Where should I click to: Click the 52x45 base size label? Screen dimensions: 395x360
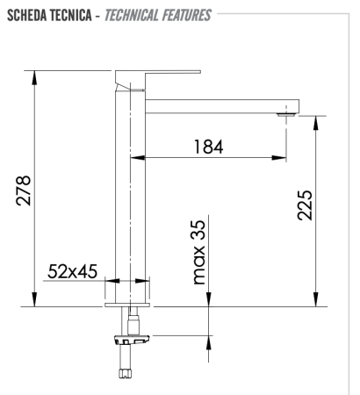[x=72, y=272]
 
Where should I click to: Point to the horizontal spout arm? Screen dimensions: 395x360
[x=220, y=105]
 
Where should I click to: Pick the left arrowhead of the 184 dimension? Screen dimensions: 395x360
[x=148, y=158]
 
